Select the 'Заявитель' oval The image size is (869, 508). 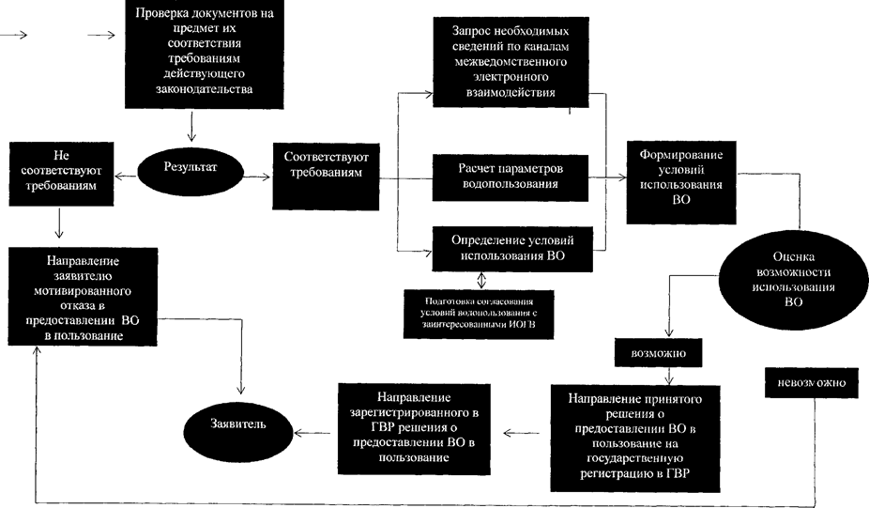[x=238, y=423]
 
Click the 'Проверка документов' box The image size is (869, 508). [x=192, y=54]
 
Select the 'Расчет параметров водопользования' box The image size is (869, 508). [x=511, y=177]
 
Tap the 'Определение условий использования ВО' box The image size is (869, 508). [x=511, y=247]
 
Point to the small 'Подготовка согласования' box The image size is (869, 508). [x=477, y=311]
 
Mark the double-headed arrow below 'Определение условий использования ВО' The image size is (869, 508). [x=481, y=281]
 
